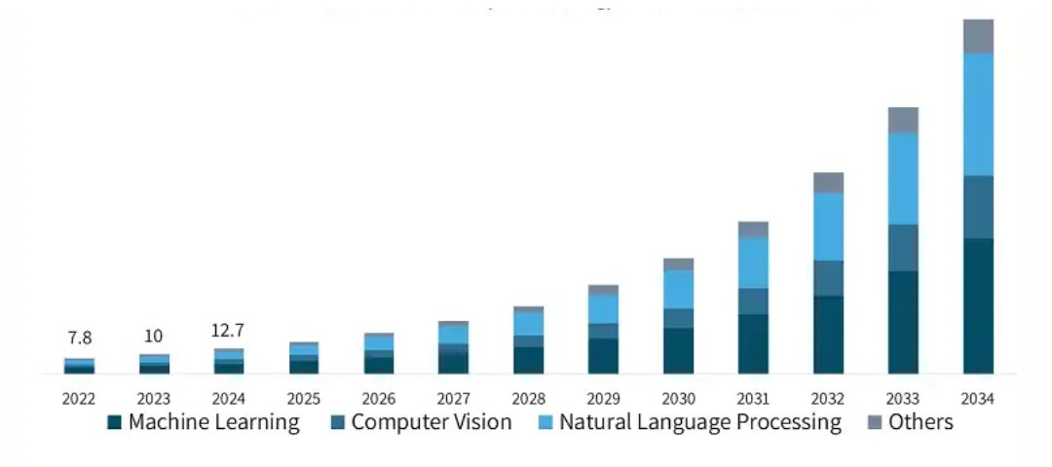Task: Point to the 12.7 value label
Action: tap(228, 331)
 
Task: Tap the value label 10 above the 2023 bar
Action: tap(153, 337)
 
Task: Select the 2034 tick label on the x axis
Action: tap(978, 399)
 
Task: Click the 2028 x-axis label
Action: tap(528, 399)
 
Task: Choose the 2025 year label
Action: tap(303, 399)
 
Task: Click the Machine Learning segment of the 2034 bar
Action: tap(978, 305)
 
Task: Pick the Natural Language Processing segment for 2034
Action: tap(978, 114)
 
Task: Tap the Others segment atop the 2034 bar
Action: tap(978, 36)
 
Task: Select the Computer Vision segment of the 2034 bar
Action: tap(978, 206)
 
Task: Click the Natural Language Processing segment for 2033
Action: tap(903, 178)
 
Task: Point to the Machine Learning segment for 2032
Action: tap(828, 335)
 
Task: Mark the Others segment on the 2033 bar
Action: tap(903, 120)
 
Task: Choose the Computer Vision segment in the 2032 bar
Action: tap(828, 278)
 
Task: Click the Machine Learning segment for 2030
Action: tap(678, 350)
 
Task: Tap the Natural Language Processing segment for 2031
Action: tap(753, 263)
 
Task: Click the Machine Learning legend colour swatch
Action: tap(114, 423)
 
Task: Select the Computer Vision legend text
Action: tap(432, 422)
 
